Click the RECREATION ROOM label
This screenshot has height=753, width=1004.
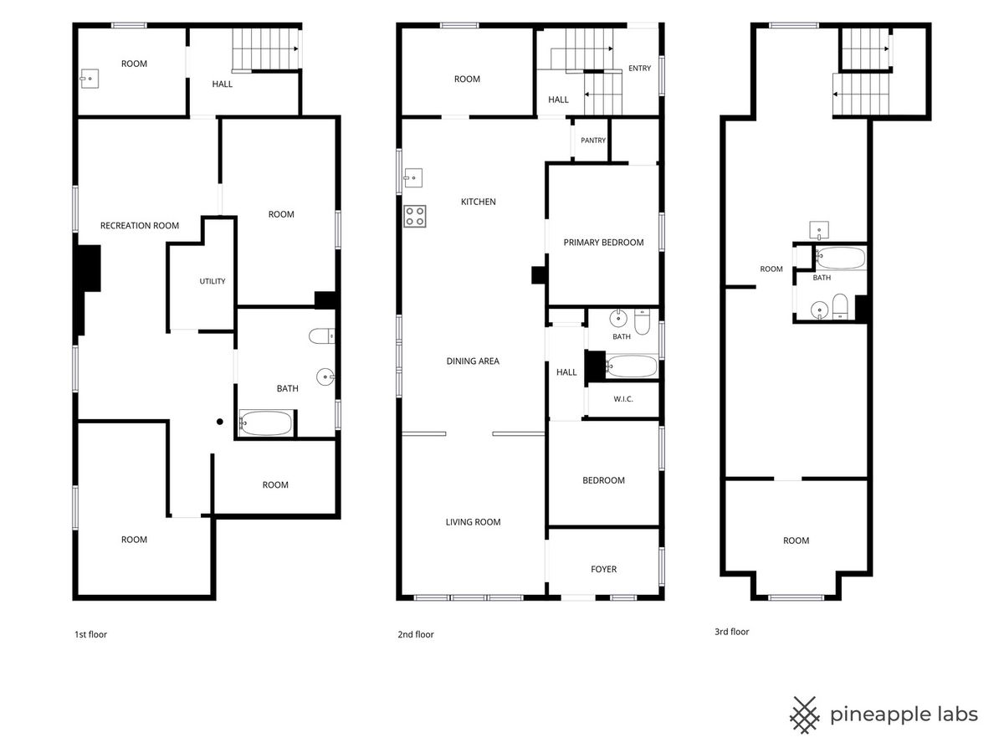[x=140, y=225]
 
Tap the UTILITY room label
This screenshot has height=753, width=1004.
[x=213, y=281]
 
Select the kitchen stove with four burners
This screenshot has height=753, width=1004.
[x=414, y=216]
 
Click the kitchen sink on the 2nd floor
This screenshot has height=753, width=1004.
[x=413, y=178]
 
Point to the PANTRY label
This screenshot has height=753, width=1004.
[x=593, y=141]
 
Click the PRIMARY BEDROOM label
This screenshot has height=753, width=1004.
[x=603, y=243]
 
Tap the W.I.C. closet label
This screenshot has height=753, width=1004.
[x=623, y=399]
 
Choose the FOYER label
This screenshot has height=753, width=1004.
[x=603, y=569]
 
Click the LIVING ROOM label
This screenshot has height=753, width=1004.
[x=473, y=522]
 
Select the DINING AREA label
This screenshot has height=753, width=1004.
[x=473, y=361]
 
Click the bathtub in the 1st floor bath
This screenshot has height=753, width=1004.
[x=265, y=423]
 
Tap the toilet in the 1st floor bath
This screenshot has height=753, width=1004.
[x=322, y=336]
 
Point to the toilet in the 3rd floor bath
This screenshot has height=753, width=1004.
[x=840, y=306]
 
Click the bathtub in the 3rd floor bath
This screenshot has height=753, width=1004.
[x=841, y=258]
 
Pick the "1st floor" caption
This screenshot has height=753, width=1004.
[x=90, y=634]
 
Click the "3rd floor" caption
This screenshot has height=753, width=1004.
[x=732, y=632]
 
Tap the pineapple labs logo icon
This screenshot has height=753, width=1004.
[x=805, y=715]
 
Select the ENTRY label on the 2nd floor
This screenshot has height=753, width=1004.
[x=639, y=68]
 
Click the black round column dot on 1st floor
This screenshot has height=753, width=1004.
[x=220, y=422]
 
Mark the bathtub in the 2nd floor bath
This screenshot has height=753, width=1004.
[x=632, y=366]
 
